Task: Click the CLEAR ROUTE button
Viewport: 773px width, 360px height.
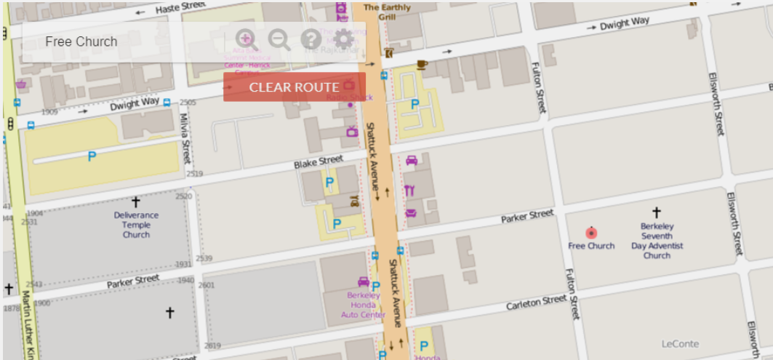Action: tap(294, 87)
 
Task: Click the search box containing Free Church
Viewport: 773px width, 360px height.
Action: tap(124, 41)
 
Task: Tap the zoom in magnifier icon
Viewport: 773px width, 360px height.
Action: tap(247, 39)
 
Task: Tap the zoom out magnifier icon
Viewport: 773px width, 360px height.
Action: tap(279, 39)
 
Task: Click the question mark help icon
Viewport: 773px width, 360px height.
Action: tap(311, 39)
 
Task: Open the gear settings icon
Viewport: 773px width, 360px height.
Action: tap(343, 39)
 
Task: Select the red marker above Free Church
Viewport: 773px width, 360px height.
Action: tap(591, 233)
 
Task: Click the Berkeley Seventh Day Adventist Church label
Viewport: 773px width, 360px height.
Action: tap(657, 241)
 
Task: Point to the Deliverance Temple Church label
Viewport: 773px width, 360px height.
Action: tap(136, 225)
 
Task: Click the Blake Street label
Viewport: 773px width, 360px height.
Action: tap(318, 163)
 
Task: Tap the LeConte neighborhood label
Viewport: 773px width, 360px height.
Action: tap(680, 344)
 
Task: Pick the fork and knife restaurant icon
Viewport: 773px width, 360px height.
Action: tap(409, 191)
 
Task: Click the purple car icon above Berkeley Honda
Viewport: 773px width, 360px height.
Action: tap(364, 281)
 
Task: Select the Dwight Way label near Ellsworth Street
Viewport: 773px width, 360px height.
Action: tap(624, 25)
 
